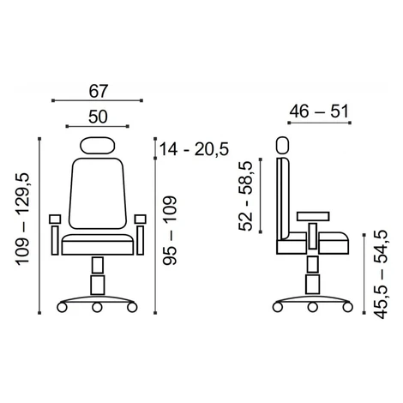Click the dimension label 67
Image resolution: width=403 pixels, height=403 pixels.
coord(98,91)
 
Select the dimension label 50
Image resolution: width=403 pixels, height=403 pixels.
coord(98,117)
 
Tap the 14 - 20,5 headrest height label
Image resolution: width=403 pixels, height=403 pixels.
coord(194,149)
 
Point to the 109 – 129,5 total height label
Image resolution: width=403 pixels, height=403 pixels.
coord(23,219)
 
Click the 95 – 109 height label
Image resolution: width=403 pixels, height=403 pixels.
coord(170,231)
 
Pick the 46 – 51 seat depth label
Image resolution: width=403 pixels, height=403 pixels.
coord(319,111)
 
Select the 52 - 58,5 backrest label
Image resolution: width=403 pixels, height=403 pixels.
coord(245,195)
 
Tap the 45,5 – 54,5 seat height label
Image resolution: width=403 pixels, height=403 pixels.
coord(382,274)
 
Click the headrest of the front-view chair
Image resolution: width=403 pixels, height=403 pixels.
coord(98,146)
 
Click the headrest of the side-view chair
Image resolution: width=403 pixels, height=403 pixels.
coord(283,146)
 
